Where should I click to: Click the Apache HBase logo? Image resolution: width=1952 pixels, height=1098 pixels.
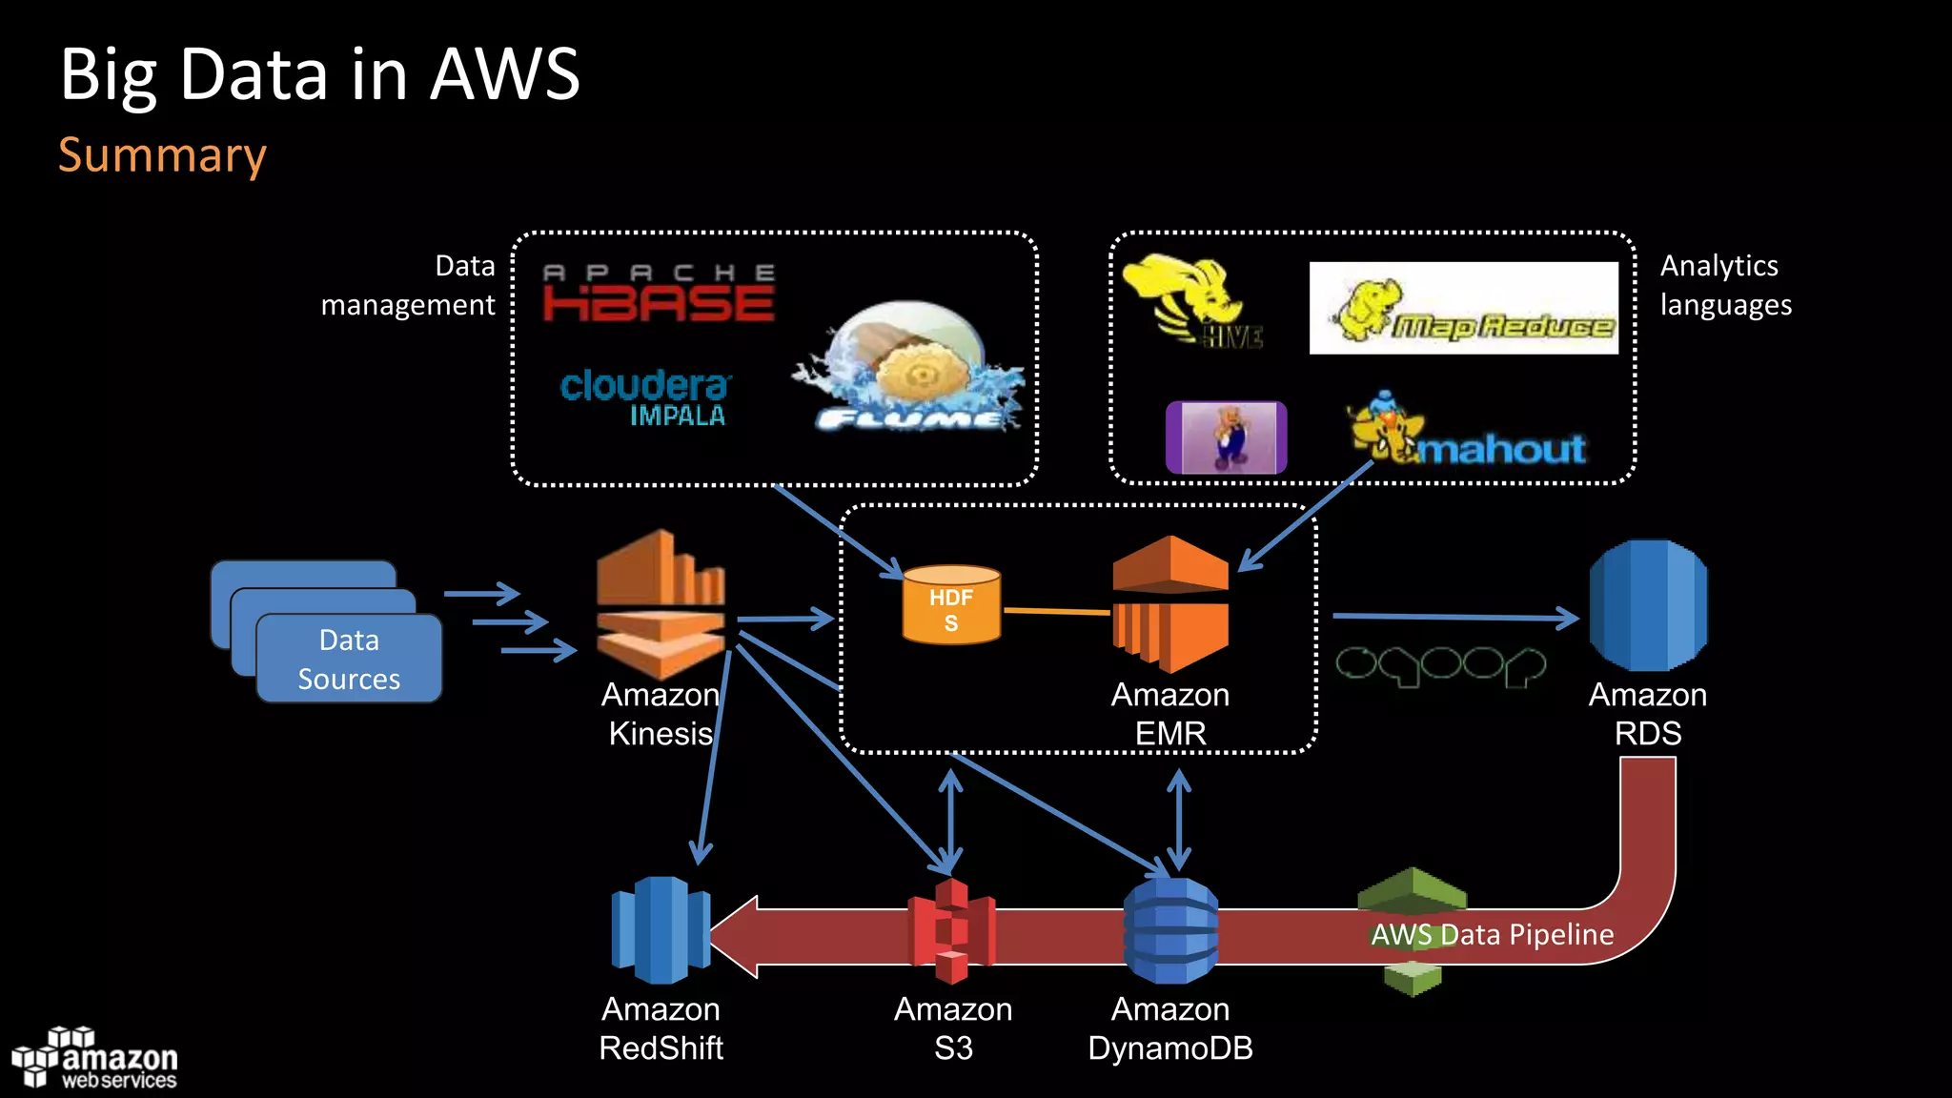tap(658, 294)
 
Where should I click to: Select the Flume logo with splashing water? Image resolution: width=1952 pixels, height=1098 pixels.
tap(910, 370)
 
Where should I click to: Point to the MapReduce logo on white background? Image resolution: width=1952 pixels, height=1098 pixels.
tap(1463, 308)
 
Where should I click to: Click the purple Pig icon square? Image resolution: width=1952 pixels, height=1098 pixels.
tap(1226, 437)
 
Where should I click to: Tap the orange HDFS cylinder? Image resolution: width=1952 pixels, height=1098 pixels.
tap(951, 605)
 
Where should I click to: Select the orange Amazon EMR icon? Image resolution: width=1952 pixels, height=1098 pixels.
tap(1170, 604)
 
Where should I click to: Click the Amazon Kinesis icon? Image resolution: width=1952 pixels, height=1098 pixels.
tap(661, 604)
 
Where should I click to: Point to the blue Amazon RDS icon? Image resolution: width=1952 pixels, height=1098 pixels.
tap(1648, 605)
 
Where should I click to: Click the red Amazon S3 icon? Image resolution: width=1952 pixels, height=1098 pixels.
tap(951, 931)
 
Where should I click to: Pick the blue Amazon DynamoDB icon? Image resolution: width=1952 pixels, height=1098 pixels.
tap(1170, 931)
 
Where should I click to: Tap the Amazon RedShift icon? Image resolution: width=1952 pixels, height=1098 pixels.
tap(661, 930)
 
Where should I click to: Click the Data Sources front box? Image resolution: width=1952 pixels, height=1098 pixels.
tap(349, 659)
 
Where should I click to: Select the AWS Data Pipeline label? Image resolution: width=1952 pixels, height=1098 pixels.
tap(1492, 935)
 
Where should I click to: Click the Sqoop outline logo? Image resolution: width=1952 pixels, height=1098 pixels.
tap(1439, 665)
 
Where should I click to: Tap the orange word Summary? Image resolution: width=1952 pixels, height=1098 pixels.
tap(162, 155)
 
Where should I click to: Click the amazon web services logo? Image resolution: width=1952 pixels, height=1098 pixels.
tap(95, 1059)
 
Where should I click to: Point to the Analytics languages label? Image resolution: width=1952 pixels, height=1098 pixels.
tap(1725, 285)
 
